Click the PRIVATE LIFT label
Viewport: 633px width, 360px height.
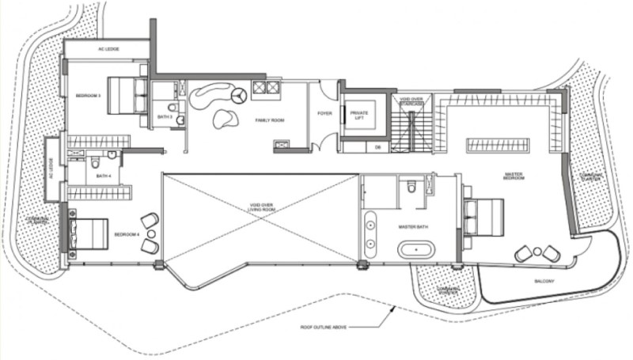click(359, 116)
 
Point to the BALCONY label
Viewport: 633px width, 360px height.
click(544, 282)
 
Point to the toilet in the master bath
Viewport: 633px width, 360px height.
click(411, 187)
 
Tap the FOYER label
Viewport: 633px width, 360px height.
click(324, 113)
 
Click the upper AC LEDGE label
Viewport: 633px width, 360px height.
click(108, 49)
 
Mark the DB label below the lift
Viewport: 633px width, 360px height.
click(377, 146)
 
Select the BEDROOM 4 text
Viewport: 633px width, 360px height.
click(127, 235)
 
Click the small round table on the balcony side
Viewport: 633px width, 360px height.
click(538, 252)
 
